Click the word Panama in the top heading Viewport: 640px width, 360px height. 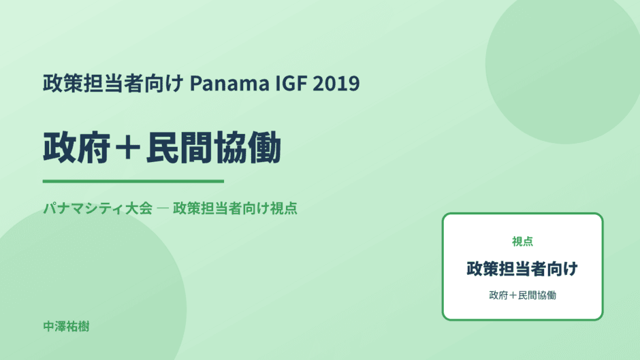[x=229, y=83]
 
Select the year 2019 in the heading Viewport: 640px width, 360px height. [x=336, y=83]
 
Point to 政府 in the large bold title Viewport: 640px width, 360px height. [x=77, y=148]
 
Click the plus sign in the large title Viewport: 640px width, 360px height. [x=128, y=148]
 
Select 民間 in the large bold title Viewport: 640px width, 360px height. [x=180, y=148]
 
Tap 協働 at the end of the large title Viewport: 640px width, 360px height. [x=247, y=148]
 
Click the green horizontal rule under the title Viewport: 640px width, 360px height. [x=133, y=181]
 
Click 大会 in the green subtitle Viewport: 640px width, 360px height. [x=139, y=208]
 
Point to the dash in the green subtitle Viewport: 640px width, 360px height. [x=163, y=208]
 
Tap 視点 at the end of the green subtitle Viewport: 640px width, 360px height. [x=284, y=208]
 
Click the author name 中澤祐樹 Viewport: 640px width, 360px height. [x=66, y=327]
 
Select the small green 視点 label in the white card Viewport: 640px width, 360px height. [x=522, y=242]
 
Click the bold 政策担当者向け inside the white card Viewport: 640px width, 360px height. [x=522, y=269]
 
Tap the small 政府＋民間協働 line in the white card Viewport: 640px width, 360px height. [x=522, y=295]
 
